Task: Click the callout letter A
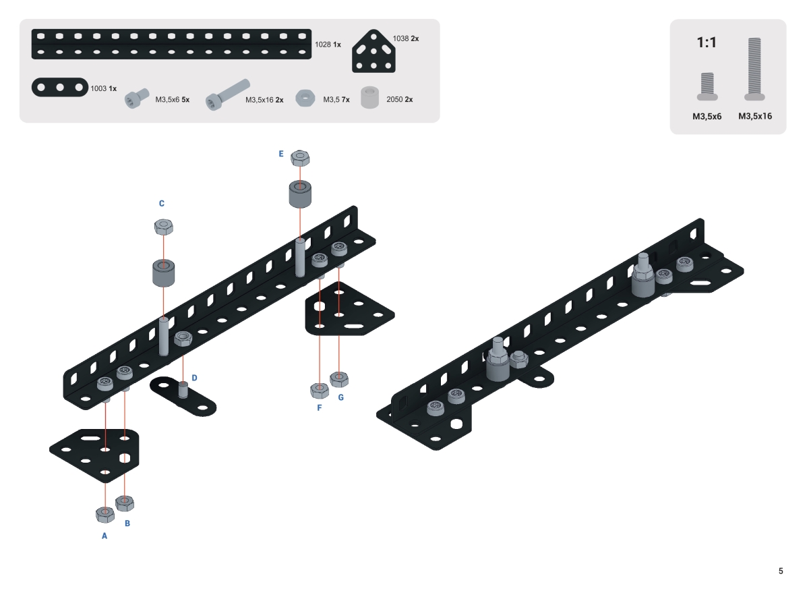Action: (104, 536)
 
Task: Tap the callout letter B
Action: (127, 522)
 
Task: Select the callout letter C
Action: (162, 203)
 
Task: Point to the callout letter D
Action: (194, 378)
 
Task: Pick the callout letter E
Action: (281, 154)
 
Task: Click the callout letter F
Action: (319, 407)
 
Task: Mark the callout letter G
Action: (340, 397)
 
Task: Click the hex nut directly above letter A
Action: (104, 514)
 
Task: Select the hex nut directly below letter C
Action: (162, 227)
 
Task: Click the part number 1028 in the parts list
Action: (323, 45)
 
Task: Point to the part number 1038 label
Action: (402, 38)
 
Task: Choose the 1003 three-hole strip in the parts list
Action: (60, 88)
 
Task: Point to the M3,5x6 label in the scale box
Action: (707, 116)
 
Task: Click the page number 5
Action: (781, 571)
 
